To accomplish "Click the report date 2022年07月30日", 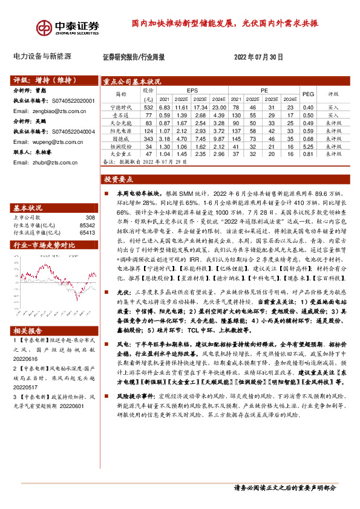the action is (x=258, y=57).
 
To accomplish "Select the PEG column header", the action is (x=308, y=94).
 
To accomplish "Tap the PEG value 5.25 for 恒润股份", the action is (x=308, y=147).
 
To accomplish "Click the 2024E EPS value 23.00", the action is (x=219, y=107).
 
